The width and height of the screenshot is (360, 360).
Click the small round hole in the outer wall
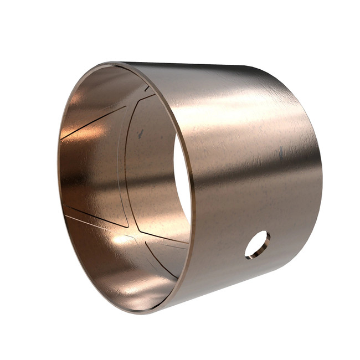click(x=257, y=244)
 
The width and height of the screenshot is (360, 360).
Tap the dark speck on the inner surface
click(x=140, y=133)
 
